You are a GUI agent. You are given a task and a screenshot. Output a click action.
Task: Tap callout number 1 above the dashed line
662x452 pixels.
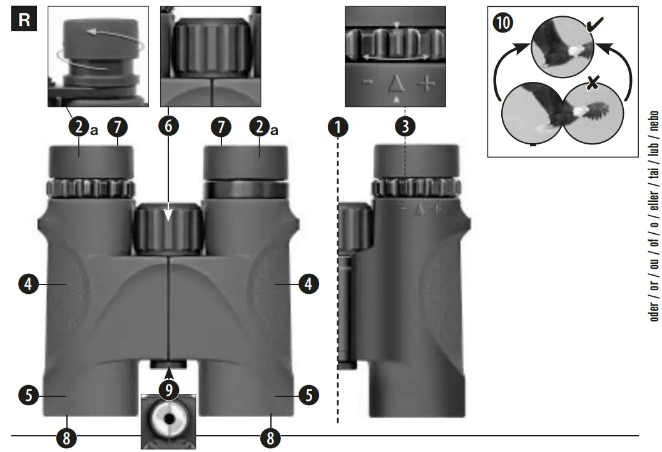338,128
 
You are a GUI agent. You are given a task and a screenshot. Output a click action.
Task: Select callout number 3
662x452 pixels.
405,128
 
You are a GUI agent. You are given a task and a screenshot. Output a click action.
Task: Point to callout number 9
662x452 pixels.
168,391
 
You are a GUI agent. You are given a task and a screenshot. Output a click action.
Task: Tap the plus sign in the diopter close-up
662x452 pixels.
426,84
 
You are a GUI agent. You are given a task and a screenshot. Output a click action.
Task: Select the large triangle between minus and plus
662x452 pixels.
395,83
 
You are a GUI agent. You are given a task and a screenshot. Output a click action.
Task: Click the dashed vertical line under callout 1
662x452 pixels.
338,281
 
